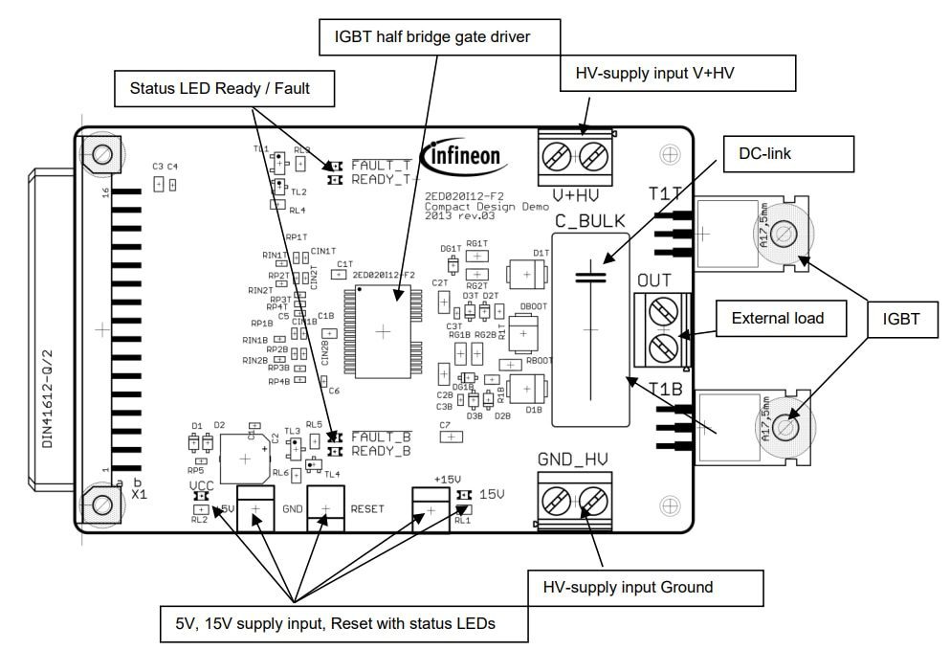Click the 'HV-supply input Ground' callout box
(646, 587)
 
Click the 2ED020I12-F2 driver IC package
(383, 331)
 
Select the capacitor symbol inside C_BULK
(590, 278)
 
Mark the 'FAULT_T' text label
(381, 166)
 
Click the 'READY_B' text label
(381, 451)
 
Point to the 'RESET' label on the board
(368, 509)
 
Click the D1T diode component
(527, 272)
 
